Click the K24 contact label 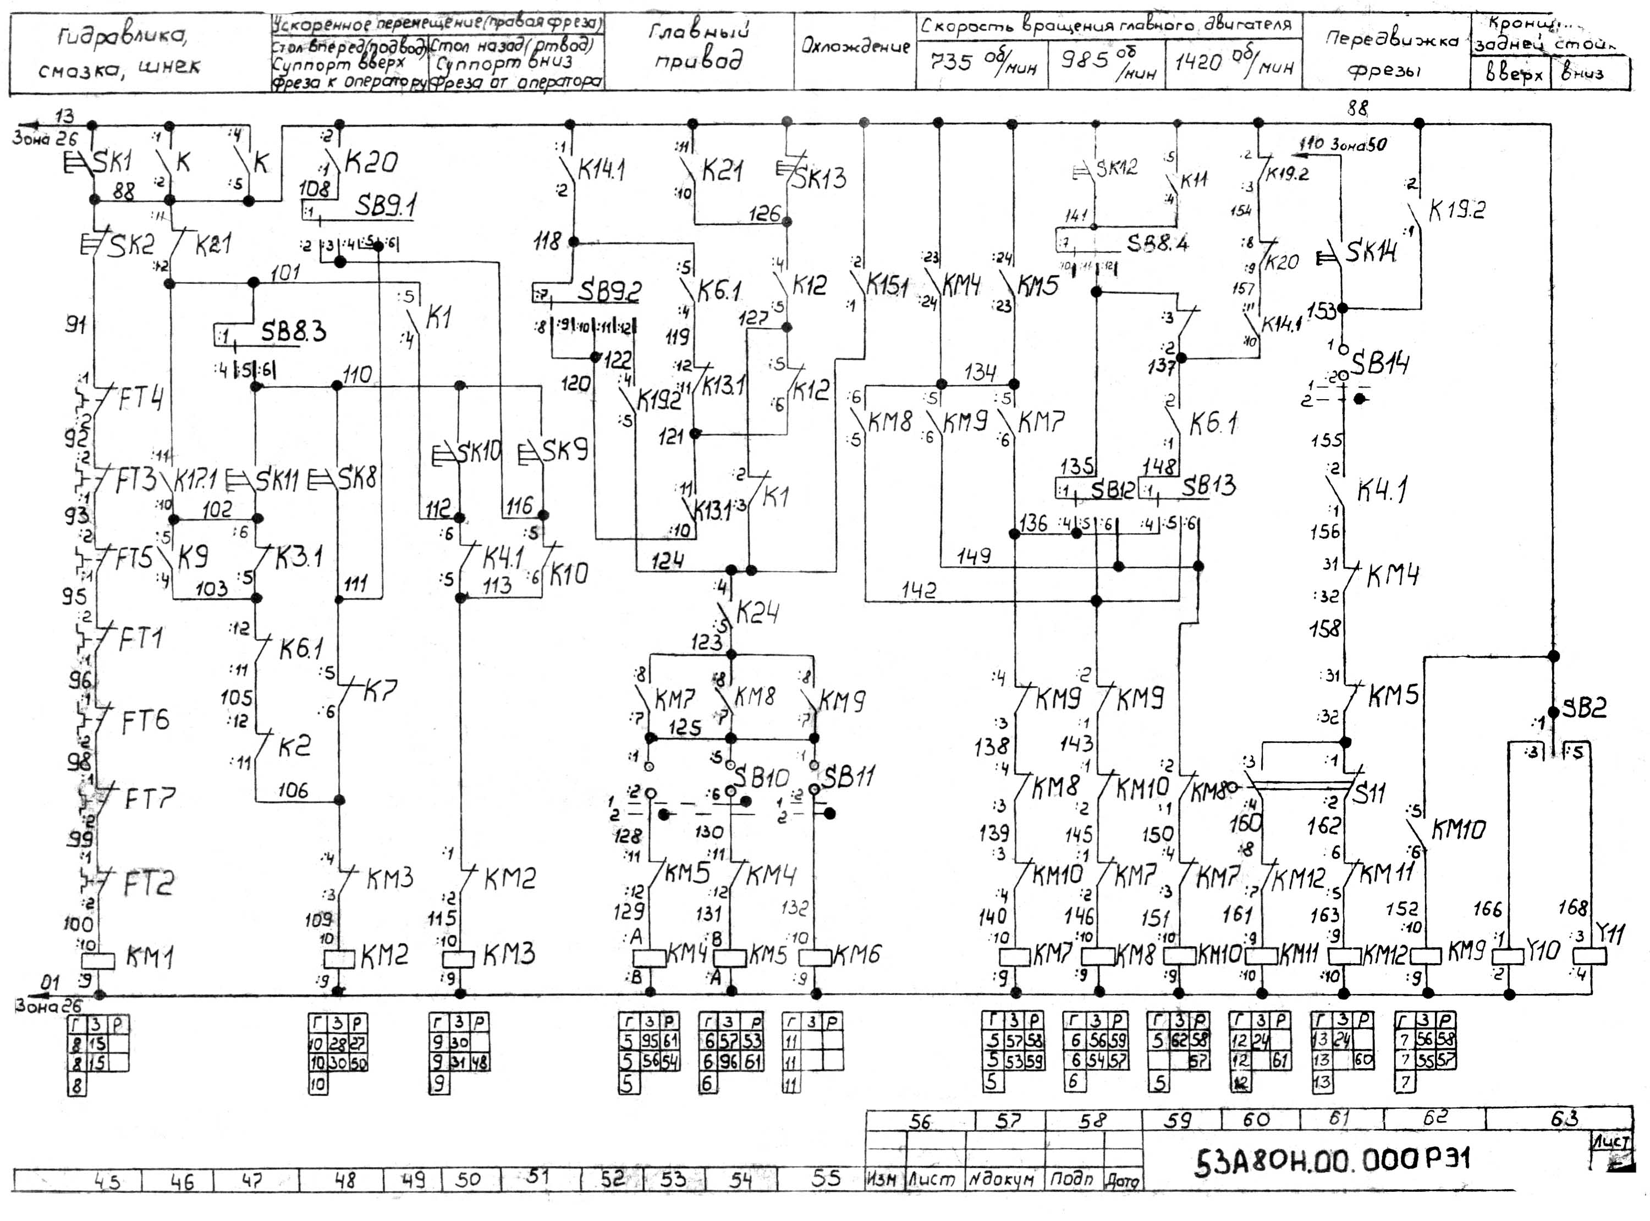tap(757, 612)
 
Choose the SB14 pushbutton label tap(1379, 363)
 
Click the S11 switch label tap(1370, 794)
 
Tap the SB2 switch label tap(1583, 708)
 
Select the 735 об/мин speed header tap(982, 63)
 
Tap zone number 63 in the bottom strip tap(1564, 1118)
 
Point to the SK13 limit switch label tap(819, 178)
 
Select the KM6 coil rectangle tap(816, 957)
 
